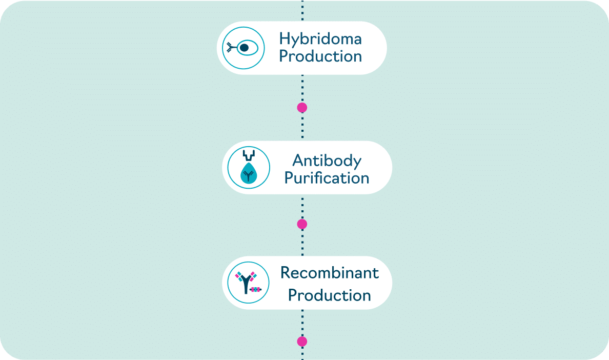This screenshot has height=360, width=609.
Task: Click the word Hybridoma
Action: pyautogui.click(x=320, y=39)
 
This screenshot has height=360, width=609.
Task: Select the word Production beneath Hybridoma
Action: pyautogui.click(x=320, y=56)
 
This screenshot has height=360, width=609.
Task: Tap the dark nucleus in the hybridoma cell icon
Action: pyautogui.click(x=245, y=48)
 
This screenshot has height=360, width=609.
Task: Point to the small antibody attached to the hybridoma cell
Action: pyautogui.click(x=232, y=47)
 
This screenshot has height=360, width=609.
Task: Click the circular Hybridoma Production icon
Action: pyautogui.click(x=243, y=48)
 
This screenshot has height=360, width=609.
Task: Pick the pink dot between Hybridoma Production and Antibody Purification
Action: pyautogui.click(x=302, y=108)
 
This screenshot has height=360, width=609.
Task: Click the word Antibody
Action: pyautogui.click(x=327, y=161)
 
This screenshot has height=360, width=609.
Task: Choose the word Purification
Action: pyautogui.click(x=327, y=178)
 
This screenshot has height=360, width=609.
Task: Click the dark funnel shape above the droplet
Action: pyautogui.click(x=249, y=155)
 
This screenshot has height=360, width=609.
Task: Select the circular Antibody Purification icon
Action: pyautogui.click(x=249, y=167)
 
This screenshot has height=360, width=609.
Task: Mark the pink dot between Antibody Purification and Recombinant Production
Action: pyautogui.click(x=302, y=224)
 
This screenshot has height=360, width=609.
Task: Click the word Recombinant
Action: pyautogui.click(x=329, y=273)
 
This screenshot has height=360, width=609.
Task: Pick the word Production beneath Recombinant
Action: pyautogui.click(x=329, y=295)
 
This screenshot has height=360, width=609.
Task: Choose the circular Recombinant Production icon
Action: pyautogui.click(x=249, y=283)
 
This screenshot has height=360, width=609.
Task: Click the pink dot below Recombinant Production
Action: pyautogui.click(x=302, y=342)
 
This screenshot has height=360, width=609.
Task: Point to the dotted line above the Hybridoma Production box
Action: pyautogui.click(x=302, y=10)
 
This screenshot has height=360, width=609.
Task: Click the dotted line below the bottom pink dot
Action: pyautogui.click(x=302, y=353)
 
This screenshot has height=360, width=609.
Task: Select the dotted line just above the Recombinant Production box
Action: pyautogui.click(x=302, y=243)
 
